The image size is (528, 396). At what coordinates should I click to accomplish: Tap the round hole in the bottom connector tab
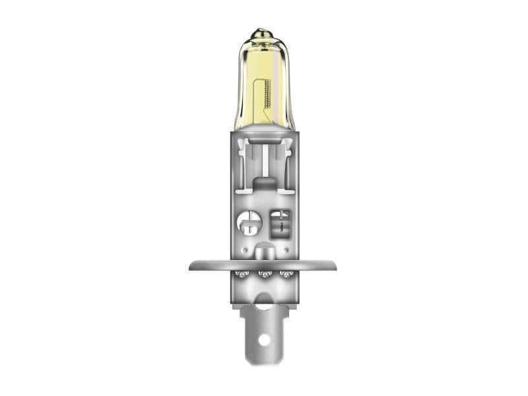point(265,341)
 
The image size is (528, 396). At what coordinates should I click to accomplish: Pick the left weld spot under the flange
point(242,274)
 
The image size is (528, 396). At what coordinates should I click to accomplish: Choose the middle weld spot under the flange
point(264,275)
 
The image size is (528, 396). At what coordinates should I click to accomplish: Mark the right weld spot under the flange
point(286,274)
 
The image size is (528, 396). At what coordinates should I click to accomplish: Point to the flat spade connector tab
point(264,330)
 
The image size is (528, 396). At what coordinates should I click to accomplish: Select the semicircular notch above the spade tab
point(264,304)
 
